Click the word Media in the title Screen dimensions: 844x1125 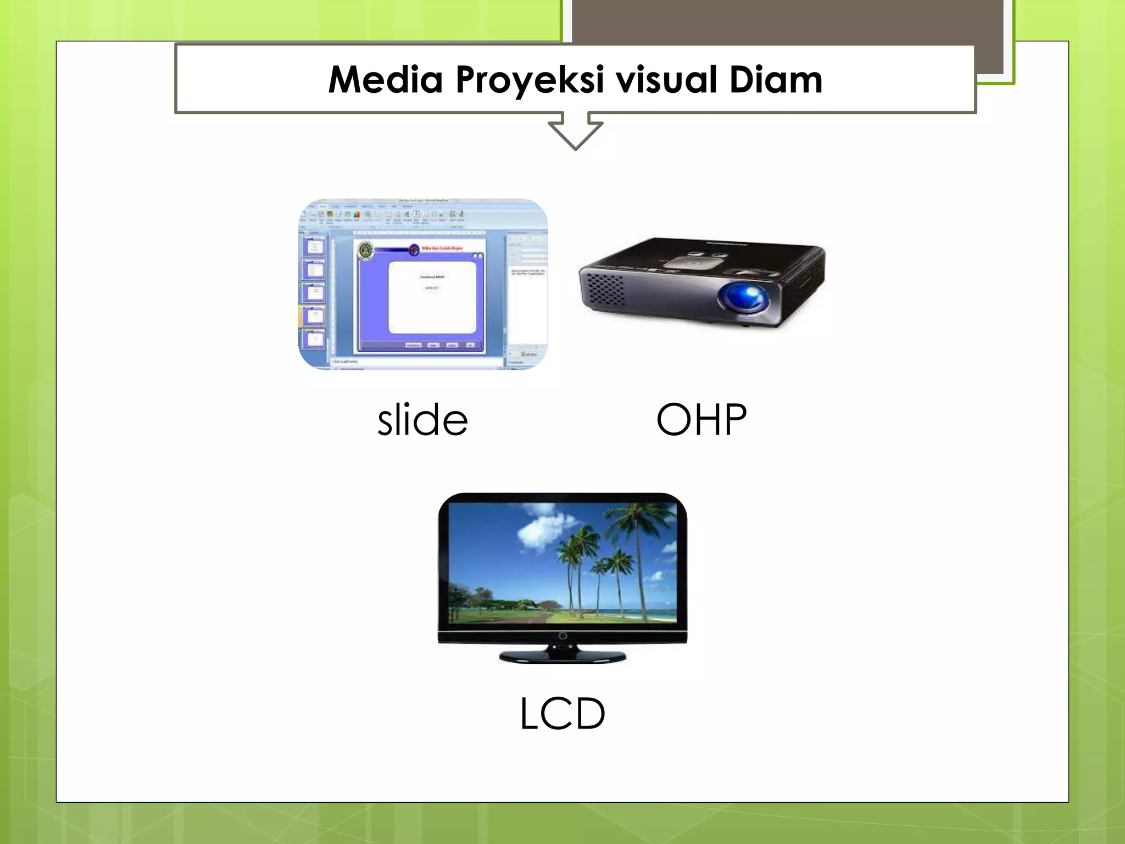coord(385,80)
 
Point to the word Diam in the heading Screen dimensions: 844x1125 coord(776,80)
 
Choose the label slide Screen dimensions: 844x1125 coord(422,420)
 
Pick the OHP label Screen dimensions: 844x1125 coord(701,420)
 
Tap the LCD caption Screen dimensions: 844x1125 coord(562,714)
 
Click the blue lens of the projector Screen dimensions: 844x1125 coord(745,297)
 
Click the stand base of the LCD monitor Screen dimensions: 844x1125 coord(562,656)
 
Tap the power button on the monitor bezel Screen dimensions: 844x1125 coord(562,636)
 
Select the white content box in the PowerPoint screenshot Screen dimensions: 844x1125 coord(432,297)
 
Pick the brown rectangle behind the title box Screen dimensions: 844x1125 coord(786,22)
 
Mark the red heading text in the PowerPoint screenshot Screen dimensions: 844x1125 coord(443,249)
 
